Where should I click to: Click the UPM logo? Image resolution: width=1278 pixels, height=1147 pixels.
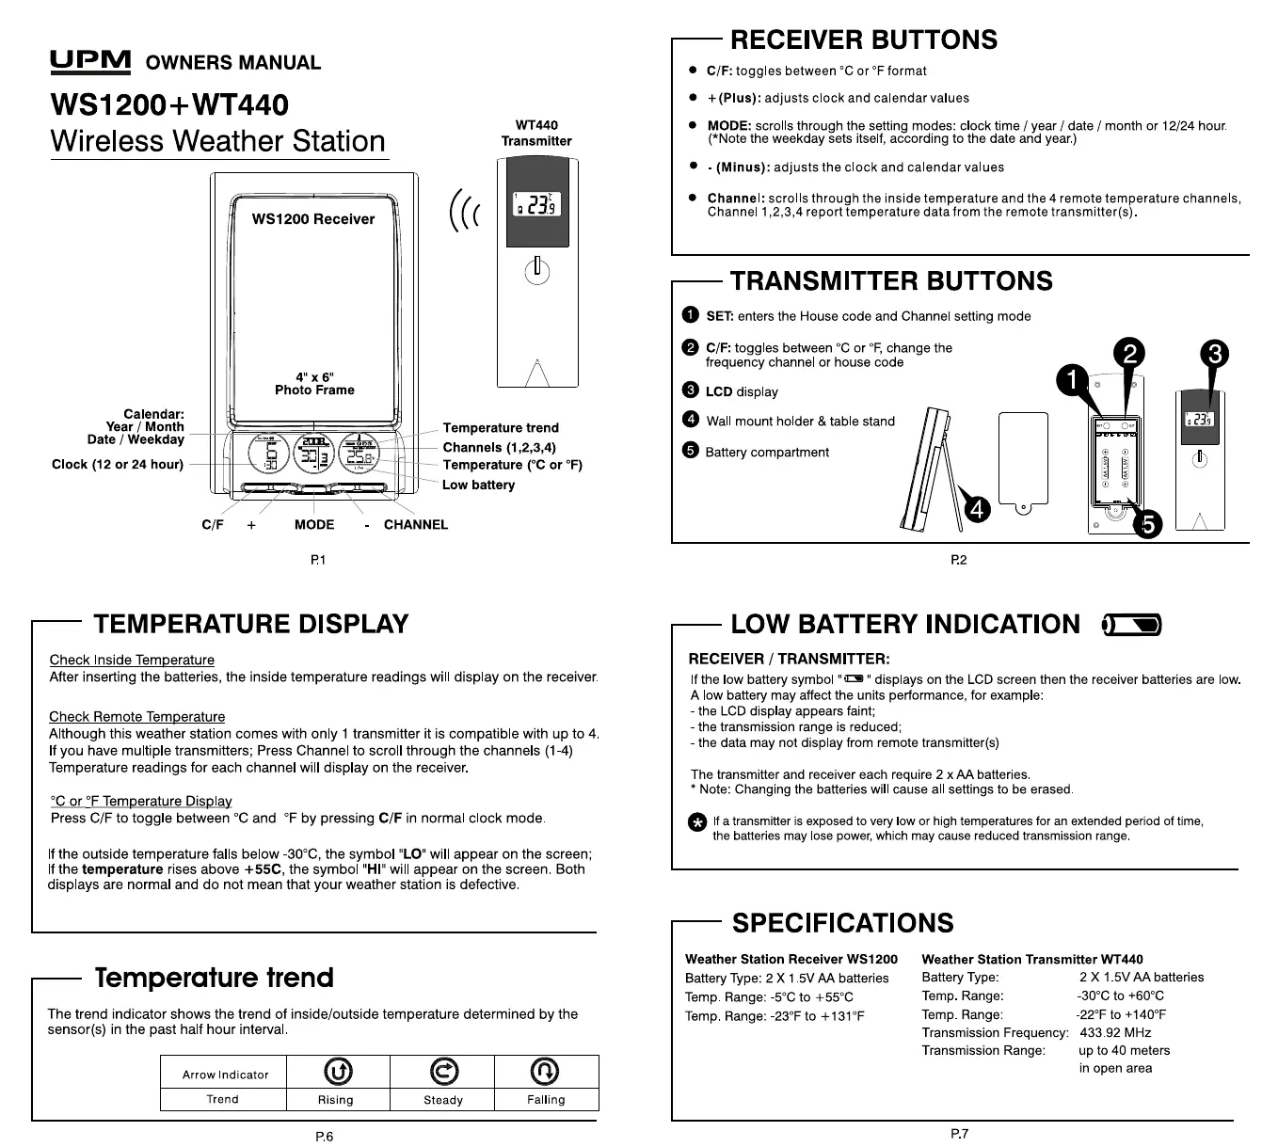tap(89, 62)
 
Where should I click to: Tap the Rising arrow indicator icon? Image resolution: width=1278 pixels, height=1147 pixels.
tap(338, 1071)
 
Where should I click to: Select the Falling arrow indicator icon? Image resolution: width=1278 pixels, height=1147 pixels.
tap(545, 1071)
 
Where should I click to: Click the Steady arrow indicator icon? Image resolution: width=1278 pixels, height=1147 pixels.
tap(442, 1071)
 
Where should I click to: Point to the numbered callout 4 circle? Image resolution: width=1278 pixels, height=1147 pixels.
tap(978, 509)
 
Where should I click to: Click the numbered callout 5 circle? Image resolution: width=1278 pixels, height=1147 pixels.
tap(1147, 524)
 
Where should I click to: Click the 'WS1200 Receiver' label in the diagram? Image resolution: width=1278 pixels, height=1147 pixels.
tap(313, 219)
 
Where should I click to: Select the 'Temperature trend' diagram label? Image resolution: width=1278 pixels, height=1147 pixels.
tap(501, 428)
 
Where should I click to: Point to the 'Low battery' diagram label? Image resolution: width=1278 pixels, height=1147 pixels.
tap(478, 485)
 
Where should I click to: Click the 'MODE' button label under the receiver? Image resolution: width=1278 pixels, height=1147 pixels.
tap(314, 525)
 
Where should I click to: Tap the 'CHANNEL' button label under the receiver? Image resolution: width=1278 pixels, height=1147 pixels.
tap(416, 525)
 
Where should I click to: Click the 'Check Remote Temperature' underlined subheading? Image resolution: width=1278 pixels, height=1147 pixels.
tap(137, 717)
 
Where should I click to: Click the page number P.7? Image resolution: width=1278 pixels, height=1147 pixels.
tap(959, 1134)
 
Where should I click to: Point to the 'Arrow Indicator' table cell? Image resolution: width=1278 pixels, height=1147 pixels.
tap(226, 1075)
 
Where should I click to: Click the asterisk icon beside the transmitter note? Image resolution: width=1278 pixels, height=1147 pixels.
tap(696, 823)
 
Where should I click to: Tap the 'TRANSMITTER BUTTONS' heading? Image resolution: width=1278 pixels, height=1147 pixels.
tap(891, 281)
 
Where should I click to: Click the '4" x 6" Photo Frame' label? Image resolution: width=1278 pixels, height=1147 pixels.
tap(314, 383)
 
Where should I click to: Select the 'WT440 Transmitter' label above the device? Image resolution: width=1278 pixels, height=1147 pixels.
tap(536, 133)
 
